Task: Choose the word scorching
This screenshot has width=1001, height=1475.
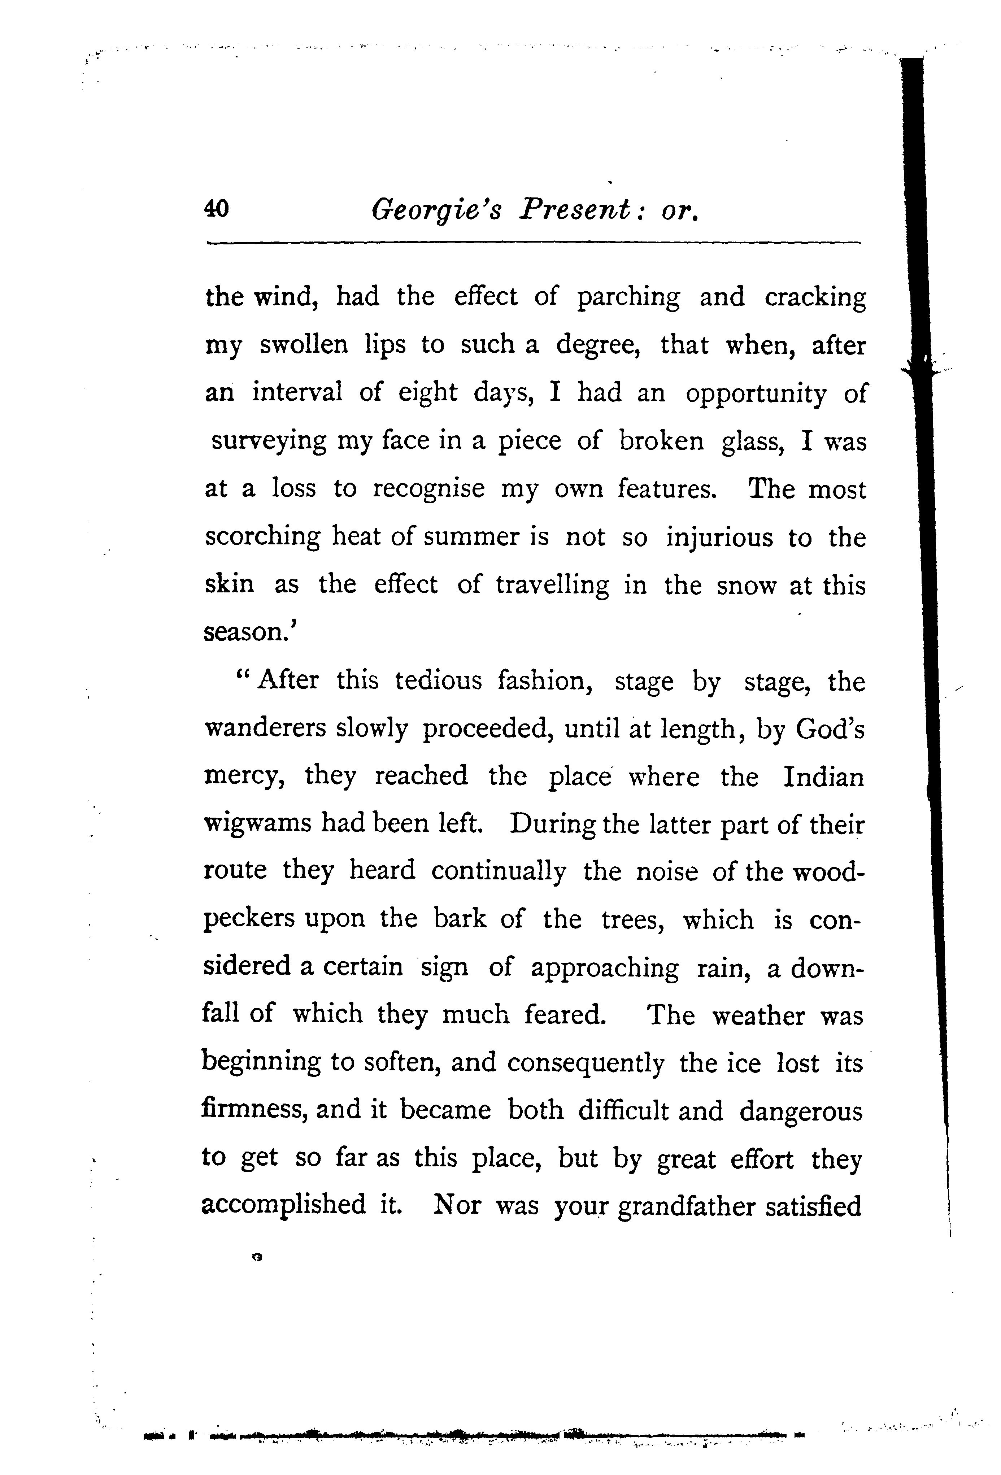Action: (263, 538)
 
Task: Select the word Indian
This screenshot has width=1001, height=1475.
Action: (823, 776)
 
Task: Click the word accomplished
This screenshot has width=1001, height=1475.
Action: (283, 1205)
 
